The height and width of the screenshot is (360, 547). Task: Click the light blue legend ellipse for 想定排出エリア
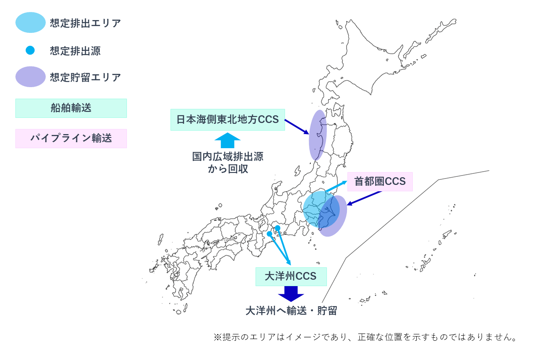30,23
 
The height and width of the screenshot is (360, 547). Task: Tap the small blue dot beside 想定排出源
30,50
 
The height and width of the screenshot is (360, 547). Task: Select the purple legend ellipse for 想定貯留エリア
30,77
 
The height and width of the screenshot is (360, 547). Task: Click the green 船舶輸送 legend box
71,108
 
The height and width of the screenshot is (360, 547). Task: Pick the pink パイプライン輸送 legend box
71,138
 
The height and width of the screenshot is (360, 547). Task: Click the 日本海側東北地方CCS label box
227,120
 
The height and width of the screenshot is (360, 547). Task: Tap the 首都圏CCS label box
380,181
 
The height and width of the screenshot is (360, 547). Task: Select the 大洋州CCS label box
291,276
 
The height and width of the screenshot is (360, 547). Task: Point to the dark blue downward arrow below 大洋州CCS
291,294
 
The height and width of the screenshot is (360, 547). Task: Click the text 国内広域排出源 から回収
227,163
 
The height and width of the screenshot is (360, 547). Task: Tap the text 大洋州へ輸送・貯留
291,311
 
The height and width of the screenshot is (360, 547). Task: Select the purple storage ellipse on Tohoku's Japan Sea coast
318,135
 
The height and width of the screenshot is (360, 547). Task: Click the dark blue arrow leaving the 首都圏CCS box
365,198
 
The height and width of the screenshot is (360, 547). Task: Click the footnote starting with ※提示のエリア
365,337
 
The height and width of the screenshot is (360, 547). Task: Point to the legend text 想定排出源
75,51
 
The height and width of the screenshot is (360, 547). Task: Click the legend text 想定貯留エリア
85,77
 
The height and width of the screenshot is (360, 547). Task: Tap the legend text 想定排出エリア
85,23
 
